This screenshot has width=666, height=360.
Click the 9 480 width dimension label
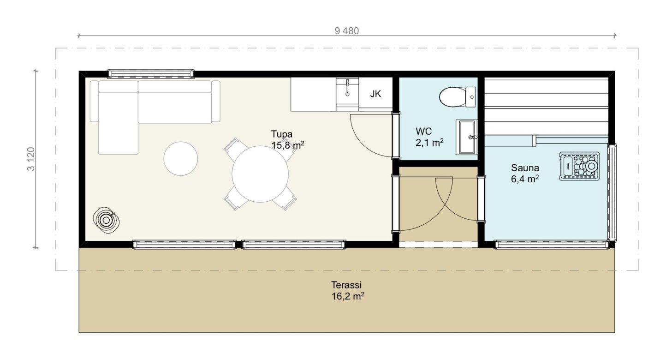click(x=347, y=31)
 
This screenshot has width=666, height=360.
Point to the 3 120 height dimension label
click(x=31, y=159)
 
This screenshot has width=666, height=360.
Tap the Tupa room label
click(x=281, y=134)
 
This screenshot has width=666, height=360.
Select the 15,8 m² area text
click(x=287, y=145)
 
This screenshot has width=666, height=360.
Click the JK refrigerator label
click(x=375, y=94)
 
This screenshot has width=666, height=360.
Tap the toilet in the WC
click(x=457, y=97)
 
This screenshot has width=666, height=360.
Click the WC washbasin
click(x=466, y=137)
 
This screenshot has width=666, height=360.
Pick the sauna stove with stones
click(x=579, y=166)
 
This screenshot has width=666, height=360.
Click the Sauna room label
click(x=525, y=168)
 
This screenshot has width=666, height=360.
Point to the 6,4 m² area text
click(x=525, y=179)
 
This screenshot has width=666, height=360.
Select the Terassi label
click(x=346, y=285)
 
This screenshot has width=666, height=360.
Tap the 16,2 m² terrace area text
click(x=348, y=296)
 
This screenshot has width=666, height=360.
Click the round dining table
click(x=260, y=174)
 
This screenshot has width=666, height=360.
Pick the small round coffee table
click(x=181, y=159)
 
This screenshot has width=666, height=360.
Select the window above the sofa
click(x=151, y=73)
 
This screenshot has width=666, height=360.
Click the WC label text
click(x=424, y=131)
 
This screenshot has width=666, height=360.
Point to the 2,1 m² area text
click(x=429, y=143)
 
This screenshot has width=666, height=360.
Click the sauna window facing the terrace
click(x=551, y=245)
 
